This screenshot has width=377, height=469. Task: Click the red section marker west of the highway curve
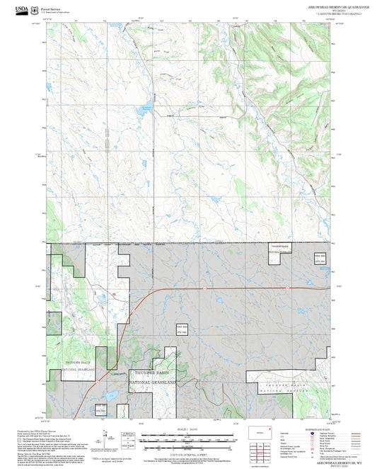click(x=112, y=293)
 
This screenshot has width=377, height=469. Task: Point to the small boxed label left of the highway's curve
click(x=162, y=328)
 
